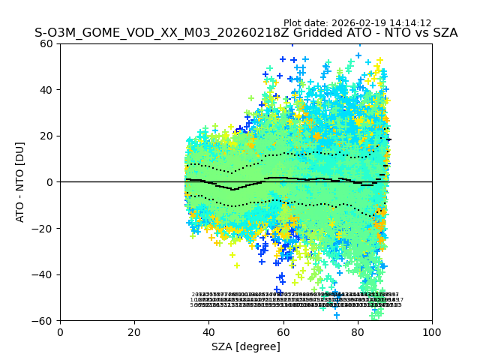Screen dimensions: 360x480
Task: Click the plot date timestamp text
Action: tap(357, 23)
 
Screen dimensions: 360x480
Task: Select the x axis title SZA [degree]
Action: tap(246, 346)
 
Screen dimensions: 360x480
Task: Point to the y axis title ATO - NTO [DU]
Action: tap(20, 182)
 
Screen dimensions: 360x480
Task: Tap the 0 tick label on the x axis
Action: tap(60, 332)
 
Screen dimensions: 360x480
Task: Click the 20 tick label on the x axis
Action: tap(134, 332)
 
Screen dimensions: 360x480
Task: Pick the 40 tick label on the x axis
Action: tap(208, 332)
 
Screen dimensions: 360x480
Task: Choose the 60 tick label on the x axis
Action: tap(283, 332)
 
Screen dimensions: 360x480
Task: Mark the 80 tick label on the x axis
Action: tap(358, 332)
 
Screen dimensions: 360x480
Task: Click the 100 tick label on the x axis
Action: tap(432, 332)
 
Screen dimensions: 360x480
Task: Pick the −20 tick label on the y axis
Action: tap(44, 228)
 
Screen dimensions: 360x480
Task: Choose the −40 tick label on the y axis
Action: tap(44, 274)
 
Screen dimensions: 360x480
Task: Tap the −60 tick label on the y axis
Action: tap(44, 320)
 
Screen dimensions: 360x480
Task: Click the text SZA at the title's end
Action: tap(443, 33)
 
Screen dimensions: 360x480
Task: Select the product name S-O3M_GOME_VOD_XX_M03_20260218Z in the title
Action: tap(151, 33)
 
